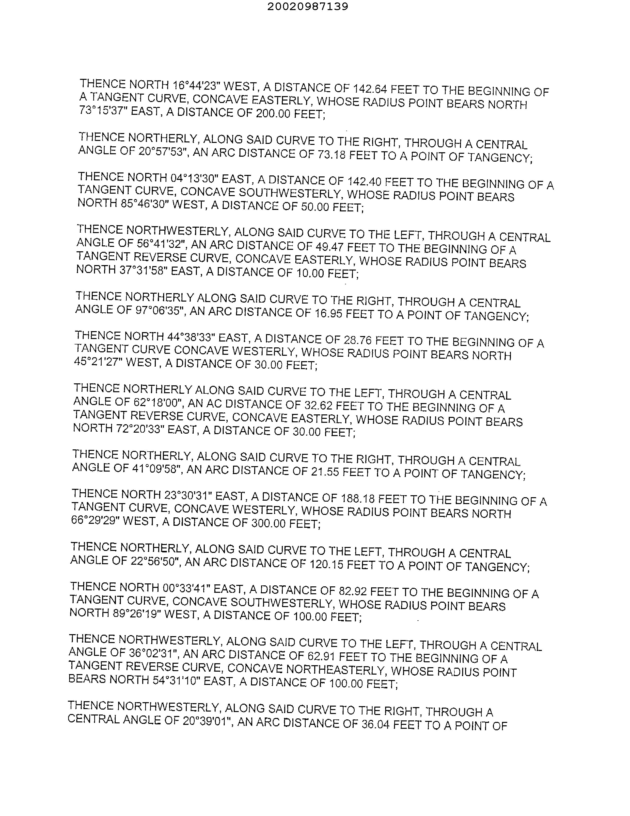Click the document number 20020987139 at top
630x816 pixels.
(308, 6)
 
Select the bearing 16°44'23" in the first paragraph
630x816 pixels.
(195, 85)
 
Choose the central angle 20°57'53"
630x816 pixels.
(163, 151)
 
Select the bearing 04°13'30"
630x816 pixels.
(194, 178)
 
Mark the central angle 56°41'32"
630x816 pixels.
(162, 244)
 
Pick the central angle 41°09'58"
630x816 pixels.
(157, 469)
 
